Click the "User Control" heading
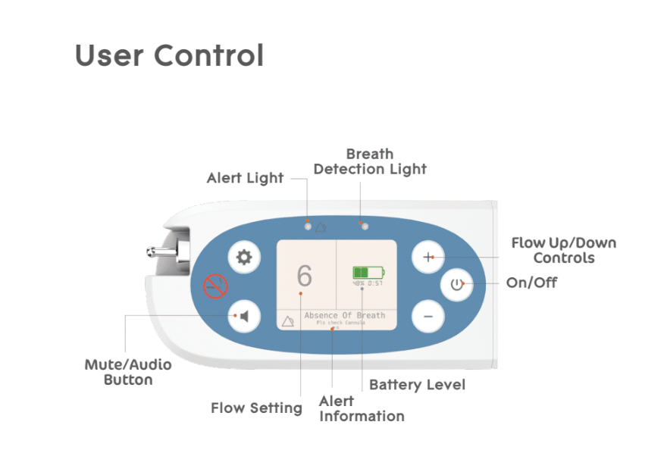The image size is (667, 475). point(169,56)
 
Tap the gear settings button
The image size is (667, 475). point(244,258)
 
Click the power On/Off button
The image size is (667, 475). point(456,286)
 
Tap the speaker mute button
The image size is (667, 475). point(244,315)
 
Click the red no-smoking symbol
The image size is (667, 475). point(215,286)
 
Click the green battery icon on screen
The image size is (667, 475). point(368,272)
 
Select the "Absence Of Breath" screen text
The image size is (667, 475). point(345,315)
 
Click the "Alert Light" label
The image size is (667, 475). point(245,178)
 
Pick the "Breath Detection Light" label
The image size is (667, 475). point(370,161)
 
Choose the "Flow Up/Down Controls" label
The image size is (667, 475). point(563,250)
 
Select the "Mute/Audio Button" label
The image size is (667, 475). point(128,372)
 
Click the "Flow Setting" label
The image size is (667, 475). point(256,408)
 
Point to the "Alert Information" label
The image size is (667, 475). point(362,408)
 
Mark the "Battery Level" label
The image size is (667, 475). point(417,385)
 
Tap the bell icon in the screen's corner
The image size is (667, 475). point(288,321)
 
